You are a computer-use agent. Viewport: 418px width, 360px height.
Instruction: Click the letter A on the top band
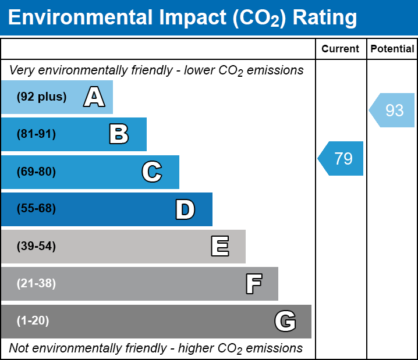(x=94, y=97)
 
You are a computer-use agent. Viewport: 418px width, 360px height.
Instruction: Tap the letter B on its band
(x=119, y=134)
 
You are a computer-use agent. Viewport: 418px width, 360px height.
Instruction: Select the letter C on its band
(x=151, y=172)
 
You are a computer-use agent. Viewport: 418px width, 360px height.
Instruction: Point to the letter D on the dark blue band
(x=185, y=209)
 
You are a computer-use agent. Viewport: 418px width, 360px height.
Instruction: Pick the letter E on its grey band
(x=219, y=247)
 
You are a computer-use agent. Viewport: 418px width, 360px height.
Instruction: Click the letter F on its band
(x=253, y=284)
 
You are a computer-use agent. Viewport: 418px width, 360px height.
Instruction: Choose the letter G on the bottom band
(x=285, y=321)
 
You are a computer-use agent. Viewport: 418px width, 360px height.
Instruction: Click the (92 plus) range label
(x=41, y=97)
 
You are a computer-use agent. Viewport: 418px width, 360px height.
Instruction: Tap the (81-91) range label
(x=36, y=134)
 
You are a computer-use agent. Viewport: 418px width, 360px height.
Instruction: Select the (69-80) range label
(x=36, y=172)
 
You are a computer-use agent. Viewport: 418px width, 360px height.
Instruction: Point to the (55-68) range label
(x=36, y=209)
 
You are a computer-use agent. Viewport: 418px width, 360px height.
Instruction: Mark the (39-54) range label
(x=36, y=247)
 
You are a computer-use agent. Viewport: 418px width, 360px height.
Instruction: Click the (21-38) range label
(x=36, y=284)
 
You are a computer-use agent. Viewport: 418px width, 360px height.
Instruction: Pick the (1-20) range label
(x=33, y=321)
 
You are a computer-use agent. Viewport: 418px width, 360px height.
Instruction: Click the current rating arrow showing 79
(x=342, y=158)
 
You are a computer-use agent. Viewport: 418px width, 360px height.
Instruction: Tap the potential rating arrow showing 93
(x=393, y=110)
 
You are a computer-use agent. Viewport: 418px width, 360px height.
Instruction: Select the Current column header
(x=341, y=49)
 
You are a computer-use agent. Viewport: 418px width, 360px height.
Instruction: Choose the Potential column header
(x=392, y=49)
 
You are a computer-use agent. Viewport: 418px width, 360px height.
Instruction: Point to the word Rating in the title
(x=324, y=18)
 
